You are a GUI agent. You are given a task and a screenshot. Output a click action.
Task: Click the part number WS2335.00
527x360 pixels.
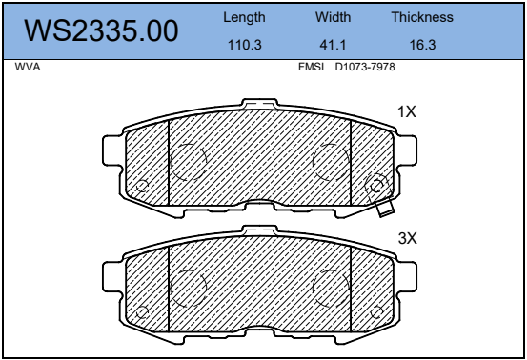101,30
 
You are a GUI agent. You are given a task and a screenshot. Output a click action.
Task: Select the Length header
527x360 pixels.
244,17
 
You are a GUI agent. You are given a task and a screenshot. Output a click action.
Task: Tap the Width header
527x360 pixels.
333,17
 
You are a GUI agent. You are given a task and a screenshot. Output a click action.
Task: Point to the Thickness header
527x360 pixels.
422,17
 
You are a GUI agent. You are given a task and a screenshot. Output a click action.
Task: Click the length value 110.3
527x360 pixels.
245,45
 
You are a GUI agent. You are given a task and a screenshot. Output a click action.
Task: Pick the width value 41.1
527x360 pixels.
333,45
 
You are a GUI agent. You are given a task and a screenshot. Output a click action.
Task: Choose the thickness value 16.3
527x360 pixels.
422,45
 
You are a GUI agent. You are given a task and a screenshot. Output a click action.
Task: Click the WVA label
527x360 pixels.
28,67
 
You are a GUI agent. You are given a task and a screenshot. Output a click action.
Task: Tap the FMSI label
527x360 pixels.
312,67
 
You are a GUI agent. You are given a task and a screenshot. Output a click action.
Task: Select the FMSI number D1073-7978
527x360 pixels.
365,67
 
